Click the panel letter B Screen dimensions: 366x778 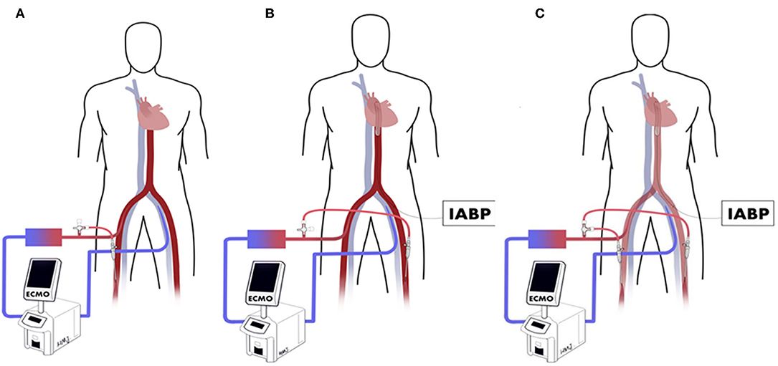pos(270,13)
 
